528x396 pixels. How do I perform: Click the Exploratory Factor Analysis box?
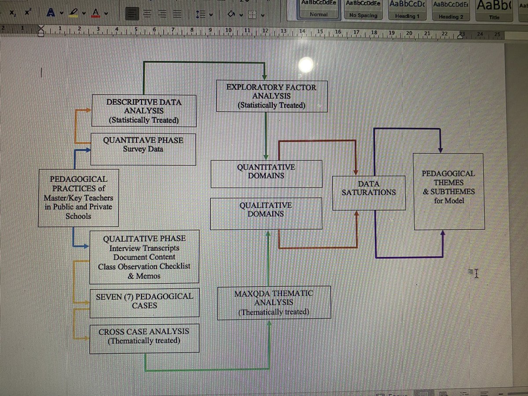point(272,96)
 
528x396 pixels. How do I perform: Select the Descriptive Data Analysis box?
point(143,110)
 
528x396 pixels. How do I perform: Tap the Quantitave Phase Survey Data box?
point(143,149)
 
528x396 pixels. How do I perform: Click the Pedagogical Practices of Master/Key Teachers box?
point(78,198)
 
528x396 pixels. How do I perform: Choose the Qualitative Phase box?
point(144,257)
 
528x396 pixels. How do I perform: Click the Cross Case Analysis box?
point(144,338)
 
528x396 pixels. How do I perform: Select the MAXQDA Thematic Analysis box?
point(274,303)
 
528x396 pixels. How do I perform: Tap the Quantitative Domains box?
point(266,173)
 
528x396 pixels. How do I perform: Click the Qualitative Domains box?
point(265,213)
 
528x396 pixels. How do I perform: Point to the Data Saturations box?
point(368,192)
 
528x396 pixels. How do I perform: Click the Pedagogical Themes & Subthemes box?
point(448,191)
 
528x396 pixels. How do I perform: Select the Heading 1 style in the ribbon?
point(407,10)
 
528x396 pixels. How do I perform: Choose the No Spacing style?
point(363,10)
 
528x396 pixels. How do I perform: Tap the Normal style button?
point(319,10)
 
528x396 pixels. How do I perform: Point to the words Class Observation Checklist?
point(144,266)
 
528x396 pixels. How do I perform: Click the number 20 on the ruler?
point(409,33)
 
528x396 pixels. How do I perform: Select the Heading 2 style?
point(451,10)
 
